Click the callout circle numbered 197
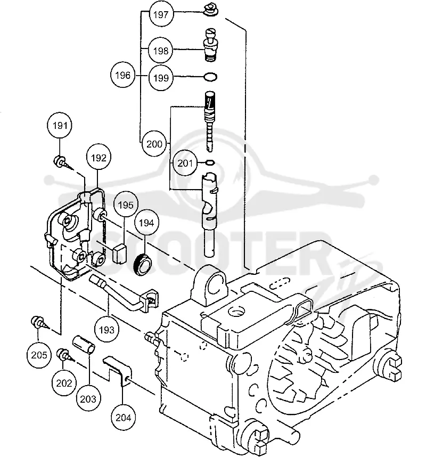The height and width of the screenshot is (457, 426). pyautogui.click(x=161, y=14)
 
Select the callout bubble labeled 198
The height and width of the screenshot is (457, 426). pyautogui.click(x=161, y=51)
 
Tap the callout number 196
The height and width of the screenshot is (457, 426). pyautogui.click(x=122, y=75)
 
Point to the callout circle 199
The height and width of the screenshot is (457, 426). pyautogui.click(x=161, y=78)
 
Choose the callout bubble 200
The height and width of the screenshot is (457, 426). pyautogui.click(x=154, y=144)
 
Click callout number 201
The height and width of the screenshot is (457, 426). pyautogui.click(x=185, y=163)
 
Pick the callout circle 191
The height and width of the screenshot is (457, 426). pyautogui.click(x=60, y=126)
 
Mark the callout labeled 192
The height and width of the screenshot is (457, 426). pyautogui.click(x=99, y=158)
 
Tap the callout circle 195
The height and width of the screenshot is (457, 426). pyautogui.click(x=126, y=205)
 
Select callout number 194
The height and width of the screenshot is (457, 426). pyautogui.click(x=146, y=223)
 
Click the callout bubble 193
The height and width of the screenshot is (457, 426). pyautogui.click(x=106, y=330)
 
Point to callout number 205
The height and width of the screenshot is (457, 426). pyautogui.click(x=39, y=355)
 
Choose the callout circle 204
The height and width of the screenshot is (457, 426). pyautogui.click(x=123, y=418)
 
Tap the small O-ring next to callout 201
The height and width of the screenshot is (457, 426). pyautogui.click(x=210, y=162)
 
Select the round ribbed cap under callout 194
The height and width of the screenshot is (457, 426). pyautogui.click(x=143, y=264)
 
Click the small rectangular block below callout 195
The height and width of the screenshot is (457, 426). pyautogui.click(x=119, y=254)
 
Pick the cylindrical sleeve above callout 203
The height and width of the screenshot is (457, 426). pyautogui.click(x=84, y=345)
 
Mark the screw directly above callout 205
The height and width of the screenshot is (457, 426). pyautogui.click(x=39, y=323)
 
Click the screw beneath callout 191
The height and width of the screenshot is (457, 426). pyautogui.click(x=62, y=162)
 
